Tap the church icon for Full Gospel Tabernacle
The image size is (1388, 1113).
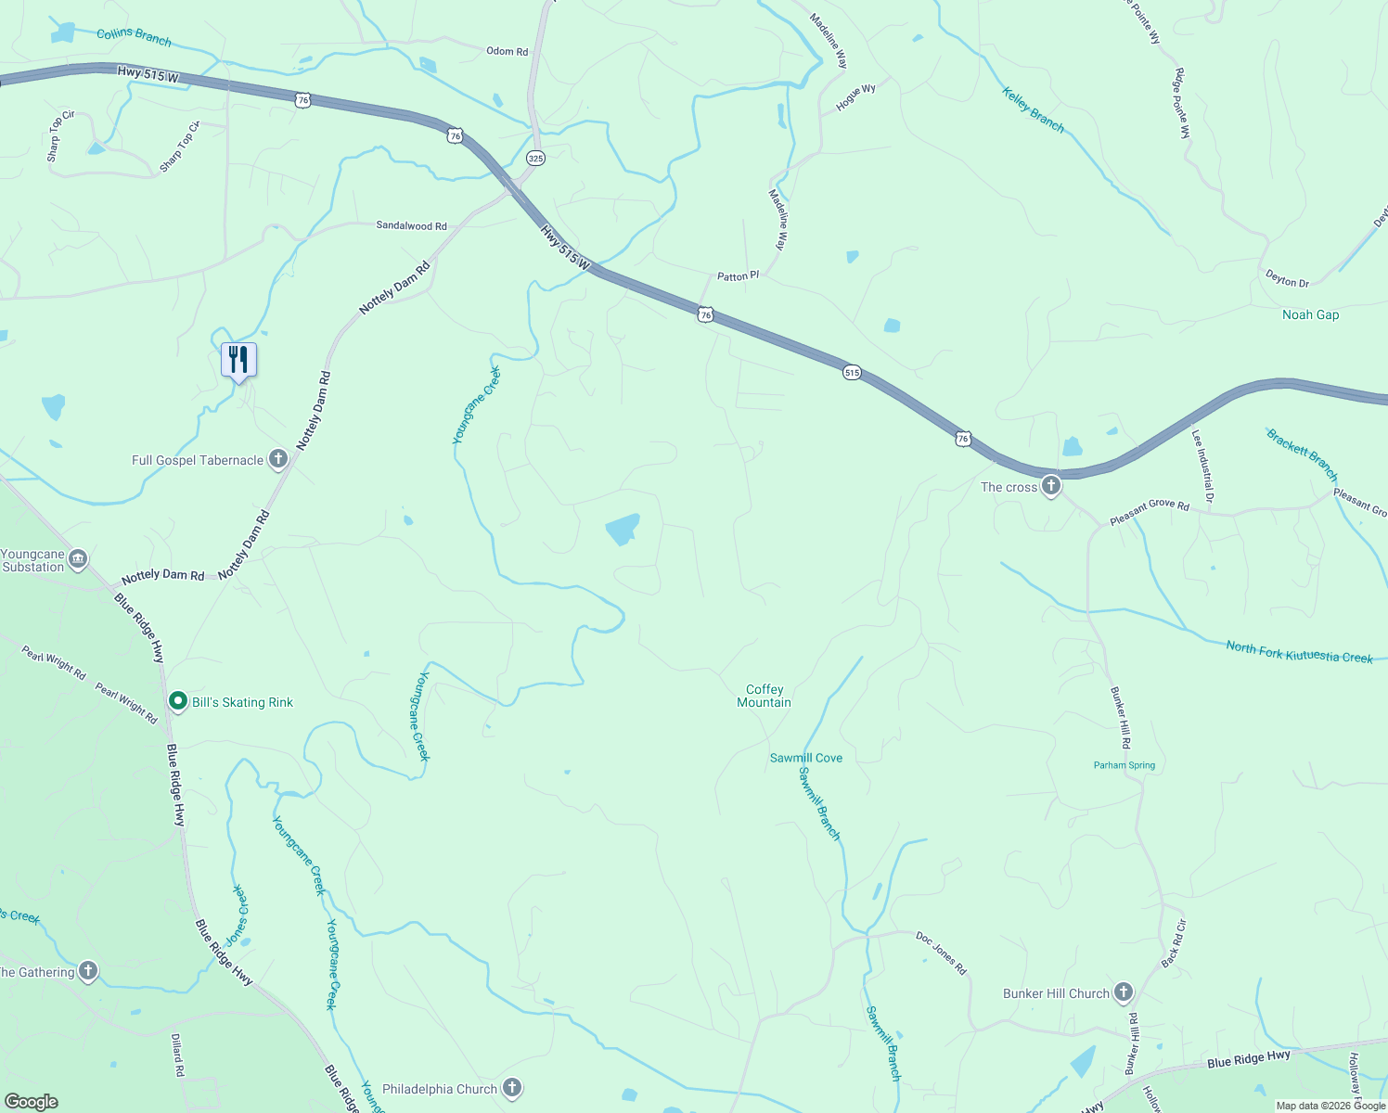pyautogui.click(x=277, y=459)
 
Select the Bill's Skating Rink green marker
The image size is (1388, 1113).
pyautogui.click(x=178, y=702)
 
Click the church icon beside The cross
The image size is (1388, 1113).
pyautogui.click(x=1050, y=485)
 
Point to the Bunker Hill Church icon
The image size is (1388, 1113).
pyautogui.click(x=1123, y=992)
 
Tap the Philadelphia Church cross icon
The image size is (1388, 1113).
pyautogui.click(x=512, y=1088)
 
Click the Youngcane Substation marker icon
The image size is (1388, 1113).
pyautogui.click(x=78, y=558)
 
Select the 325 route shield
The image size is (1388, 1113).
pyautogui.click(x=535, y=159)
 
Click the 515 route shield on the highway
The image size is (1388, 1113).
pyautogui.click(x=852, y=373)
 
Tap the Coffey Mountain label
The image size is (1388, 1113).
pyautogui.click(x=765, y=696)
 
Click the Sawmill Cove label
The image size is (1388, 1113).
pyautogui.click(x=806, y=758)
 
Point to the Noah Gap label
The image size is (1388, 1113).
pyautogui.click(x=1310, y=314)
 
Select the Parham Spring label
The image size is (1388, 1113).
pyautogui.click(x=1124, y=765)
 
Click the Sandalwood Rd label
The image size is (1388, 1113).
pyautogui.click(x=411, y=225)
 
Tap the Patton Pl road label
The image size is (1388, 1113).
pyautogui.click(x=738, y=276)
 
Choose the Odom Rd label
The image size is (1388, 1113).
pyautogui.click(x=507, y=51)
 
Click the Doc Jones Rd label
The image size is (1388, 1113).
pyautogui.click(x=941, y=953)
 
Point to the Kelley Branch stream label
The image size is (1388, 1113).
pyautogui.click(x=1034, y=109)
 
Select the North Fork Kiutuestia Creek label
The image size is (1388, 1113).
pyautogui.click(x=1299, y=652)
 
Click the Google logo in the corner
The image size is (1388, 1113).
pyautogui.click(x=31, y=1102)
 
